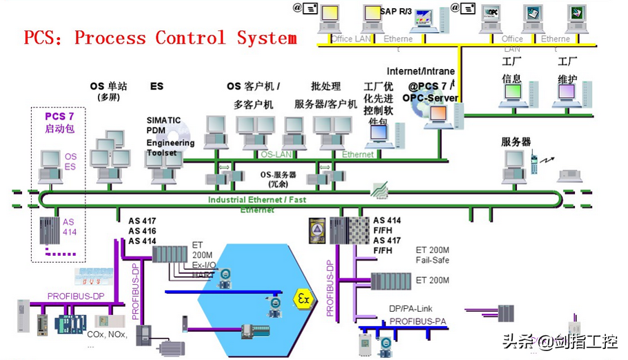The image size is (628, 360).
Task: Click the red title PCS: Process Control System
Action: tap(160, 37)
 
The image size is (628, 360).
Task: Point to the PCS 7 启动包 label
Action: tap(59, 123)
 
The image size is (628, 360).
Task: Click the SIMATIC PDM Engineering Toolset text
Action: tap(170, 137)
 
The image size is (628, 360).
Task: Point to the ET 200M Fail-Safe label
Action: tap(433, 254)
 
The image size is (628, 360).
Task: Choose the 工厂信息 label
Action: tap(511, 70)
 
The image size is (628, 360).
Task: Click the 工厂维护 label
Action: tap(567, 70)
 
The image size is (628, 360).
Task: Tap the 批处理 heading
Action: tap(326, 86)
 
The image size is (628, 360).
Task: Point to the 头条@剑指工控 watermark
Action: tap(559, 341)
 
